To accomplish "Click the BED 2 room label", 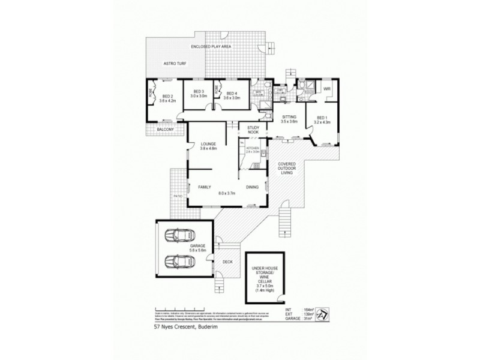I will (167, 96).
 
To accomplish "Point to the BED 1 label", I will (322, 118).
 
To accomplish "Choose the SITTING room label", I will (289, 118).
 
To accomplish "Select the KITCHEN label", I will (253, 148).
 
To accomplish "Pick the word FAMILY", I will (206, 187).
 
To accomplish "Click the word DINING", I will (252, 187).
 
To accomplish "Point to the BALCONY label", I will (165, 130).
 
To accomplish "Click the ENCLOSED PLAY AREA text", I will (211, 46).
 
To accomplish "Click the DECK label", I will (227, 262).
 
